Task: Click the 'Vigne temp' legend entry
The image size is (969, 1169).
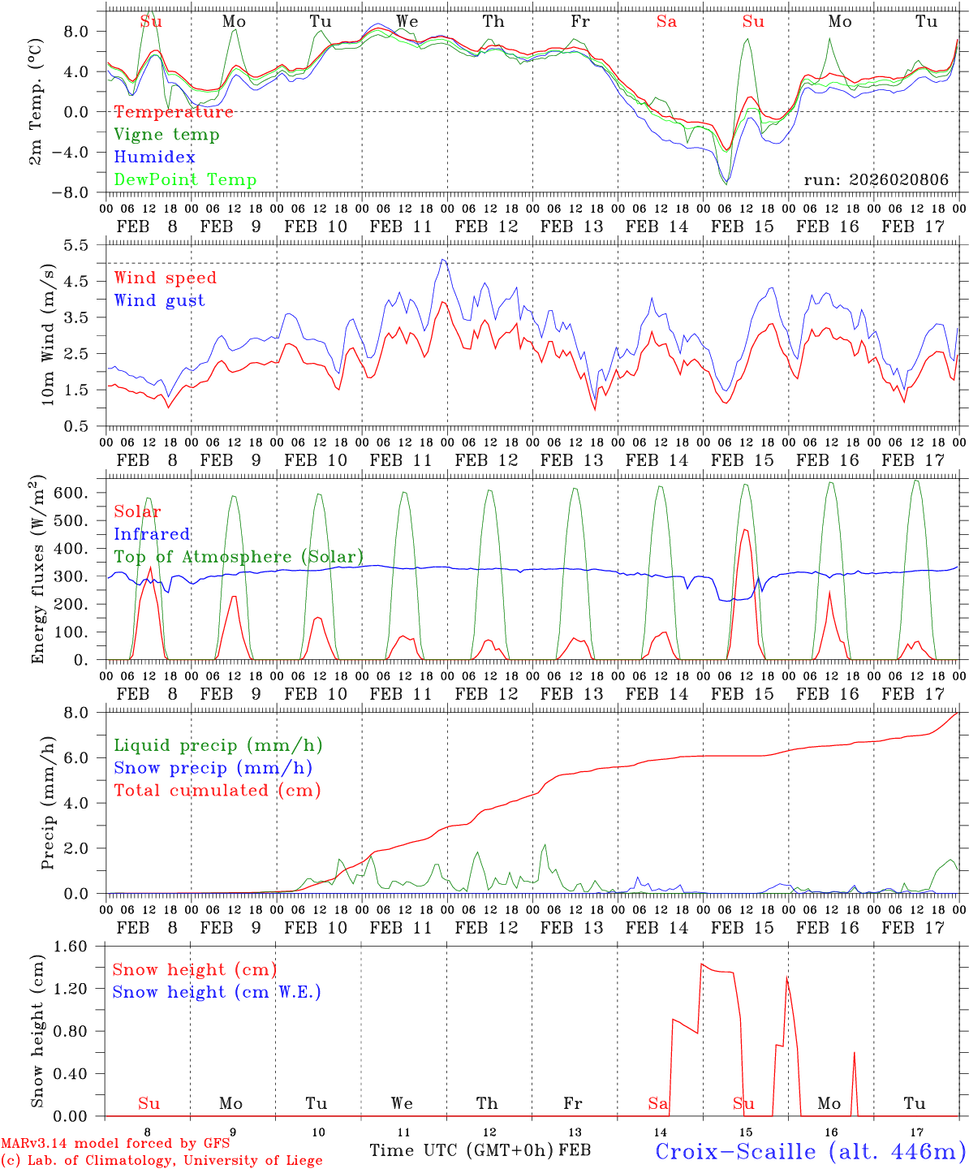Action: [166, 135]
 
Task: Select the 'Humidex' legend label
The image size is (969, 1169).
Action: [154, 157]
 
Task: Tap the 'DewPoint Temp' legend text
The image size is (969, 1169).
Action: [185, 180]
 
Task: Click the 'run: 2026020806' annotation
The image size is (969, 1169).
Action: [876, 180]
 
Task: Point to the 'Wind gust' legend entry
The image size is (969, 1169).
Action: [159, 300]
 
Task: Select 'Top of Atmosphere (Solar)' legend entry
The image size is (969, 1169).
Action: [239, 557]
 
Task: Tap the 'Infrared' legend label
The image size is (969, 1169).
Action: [152, 534]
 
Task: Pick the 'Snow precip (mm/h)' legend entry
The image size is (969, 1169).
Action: [213, 768]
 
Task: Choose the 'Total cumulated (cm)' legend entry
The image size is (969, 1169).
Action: [217, 791]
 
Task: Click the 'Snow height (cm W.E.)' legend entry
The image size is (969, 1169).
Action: [217, 992]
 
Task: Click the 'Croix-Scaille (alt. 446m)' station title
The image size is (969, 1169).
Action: [810, 1151]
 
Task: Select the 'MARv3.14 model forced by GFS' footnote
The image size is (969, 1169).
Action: [115, 1144]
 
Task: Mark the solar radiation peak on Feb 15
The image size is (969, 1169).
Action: [745, 529]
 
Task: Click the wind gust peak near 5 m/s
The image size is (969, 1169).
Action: [443, 260]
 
